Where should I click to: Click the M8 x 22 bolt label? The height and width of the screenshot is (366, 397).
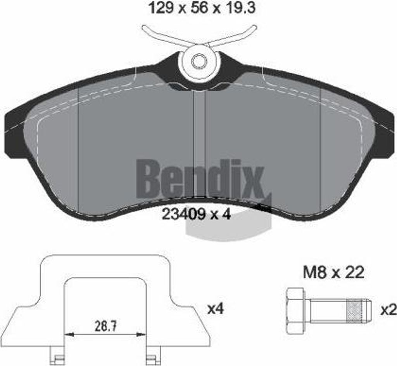tap(333, 272)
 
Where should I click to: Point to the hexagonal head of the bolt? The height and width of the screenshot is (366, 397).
tap(295, 310)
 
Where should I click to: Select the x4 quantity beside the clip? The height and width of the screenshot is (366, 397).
tap(216, 309)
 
